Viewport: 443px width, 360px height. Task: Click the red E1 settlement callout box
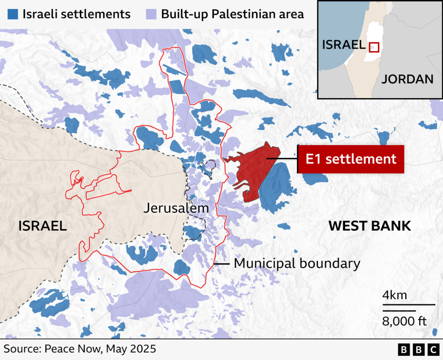tap(350, 159)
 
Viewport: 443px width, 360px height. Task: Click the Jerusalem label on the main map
tap(176, 209)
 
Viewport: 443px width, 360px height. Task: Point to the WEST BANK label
tap(369, 226)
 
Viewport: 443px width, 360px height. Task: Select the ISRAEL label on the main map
tap(42, 226)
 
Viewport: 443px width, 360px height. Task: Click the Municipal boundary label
tap(297, 263)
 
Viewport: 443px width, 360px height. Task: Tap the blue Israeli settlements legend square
tap(13, 14)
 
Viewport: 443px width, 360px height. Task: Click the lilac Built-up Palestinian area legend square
tap(150, 14)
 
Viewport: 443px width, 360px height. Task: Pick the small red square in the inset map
tap(374, 47)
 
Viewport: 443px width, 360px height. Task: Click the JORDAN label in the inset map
tap(407, 79)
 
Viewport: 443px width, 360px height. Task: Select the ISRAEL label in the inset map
tap(343, 45)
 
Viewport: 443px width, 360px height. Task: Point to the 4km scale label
tap(394, 296)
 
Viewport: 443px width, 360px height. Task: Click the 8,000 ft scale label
tap(404, 321)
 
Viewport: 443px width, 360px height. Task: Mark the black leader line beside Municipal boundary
tap(221, 263)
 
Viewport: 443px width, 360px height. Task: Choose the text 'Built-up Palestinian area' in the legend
tap(232, 14)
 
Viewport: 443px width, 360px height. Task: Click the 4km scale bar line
tap(409, 304)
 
